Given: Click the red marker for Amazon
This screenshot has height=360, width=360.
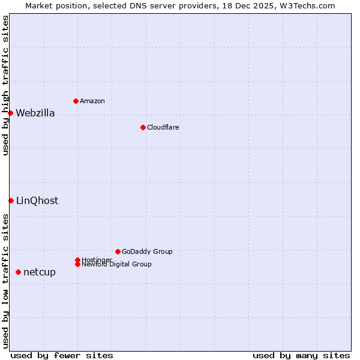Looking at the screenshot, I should click(76, 101).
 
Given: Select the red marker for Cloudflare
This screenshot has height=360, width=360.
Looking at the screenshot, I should click(143, 127).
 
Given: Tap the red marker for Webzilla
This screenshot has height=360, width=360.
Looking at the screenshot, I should click(10, 113).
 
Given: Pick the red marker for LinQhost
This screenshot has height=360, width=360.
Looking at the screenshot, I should click(11, 200).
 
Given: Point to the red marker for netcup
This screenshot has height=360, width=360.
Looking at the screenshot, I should click(18, 272).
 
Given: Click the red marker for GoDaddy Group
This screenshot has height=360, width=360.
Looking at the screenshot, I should click(118, 251).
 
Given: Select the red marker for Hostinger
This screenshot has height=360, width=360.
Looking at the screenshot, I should click(77, 260).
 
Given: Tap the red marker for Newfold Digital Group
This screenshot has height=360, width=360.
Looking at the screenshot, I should click(77, 264).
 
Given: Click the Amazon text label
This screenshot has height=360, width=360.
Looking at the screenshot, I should click(92, 101).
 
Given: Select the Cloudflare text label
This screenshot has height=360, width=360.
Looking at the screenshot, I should click(163, 127).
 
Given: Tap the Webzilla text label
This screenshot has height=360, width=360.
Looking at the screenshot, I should click(35, 113).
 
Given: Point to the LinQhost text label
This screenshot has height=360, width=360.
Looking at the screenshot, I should click(37, 201).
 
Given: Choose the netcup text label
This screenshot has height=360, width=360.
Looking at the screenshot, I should click(40, 272).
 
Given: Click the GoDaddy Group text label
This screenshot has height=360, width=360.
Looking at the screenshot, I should click(147, 251).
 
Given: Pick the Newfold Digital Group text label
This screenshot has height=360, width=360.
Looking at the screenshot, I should click(117, 265).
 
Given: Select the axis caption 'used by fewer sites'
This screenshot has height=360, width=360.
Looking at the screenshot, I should click(62, 355).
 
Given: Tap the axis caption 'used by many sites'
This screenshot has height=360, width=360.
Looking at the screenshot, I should click(301, 355).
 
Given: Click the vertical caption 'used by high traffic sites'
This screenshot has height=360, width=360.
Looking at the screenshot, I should click(5, 85).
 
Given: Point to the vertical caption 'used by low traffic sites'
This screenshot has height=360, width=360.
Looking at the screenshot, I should click(5, 281).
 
